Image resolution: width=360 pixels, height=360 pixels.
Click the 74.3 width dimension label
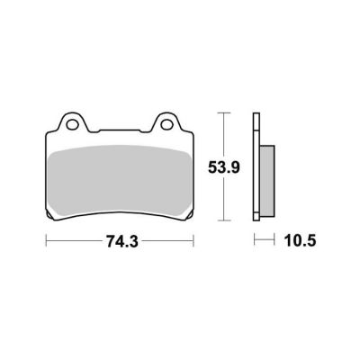(121, 241)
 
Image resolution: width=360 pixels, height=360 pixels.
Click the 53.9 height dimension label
(224, 167)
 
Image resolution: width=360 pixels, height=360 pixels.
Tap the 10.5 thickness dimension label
(300, 240)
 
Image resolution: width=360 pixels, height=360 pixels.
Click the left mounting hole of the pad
(72, 124)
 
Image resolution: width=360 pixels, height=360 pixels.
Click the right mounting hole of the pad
(166, 124)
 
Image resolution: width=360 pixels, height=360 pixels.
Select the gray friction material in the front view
(120, 181)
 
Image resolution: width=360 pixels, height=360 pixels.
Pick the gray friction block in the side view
(267, 181)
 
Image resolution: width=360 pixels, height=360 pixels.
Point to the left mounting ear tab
(72, 122)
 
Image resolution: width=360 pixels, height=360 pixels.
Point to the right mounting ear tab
(166, 122)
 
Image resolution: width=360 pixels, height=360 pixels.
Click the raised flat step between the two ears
(120, 130)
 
